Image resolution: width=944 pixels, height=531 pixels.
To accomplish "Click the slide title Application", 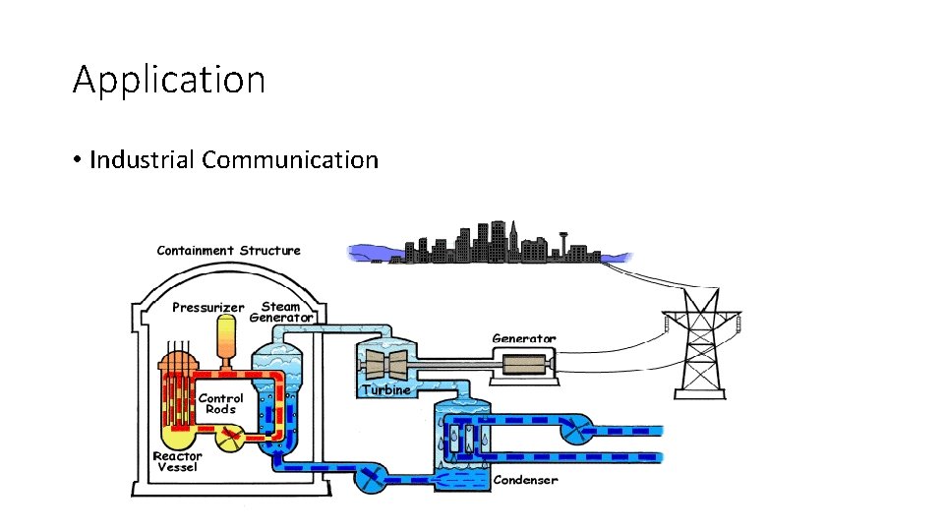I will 169,80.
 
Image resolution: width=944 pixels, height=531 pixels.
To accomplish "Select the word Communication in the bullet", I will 290,159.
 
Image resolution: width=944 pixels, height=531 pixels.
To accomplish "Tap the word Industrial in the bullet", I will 142,159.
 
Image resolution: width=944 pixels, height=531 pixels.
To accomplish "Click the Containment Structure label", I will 228,251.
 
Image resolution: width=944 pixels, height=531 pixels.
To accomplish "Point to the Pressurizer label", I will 207,308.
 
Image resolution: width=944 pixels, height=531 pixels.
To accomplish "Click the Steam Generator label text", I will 281,312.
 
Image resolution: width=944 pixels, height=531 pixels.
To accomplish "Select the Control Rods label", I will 220,403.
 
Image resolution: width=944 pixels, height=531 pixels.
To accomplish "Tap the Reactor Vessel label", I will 177,461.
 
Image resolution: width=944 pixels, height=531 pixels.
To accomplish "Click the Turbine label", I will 385,390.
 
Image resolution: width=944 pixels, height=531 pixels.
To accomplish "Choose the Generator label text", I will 523,339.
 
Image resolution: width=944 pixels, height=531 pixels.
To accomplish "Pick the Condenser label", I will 525,480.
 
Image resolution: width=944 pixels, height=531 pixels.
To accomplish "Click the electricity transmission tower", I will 702,344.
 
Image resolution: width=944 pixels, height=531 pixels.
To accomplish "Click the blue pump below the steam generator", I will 370,479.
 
